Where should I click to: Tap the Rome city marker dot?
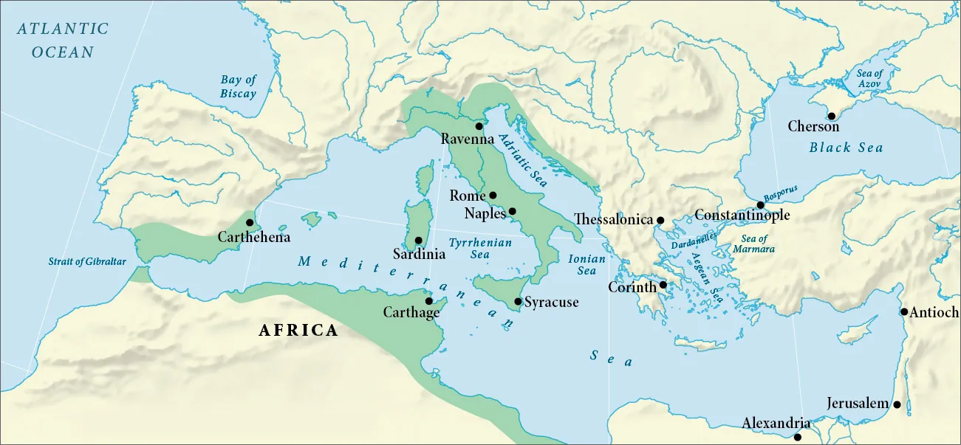(x=493, y=196)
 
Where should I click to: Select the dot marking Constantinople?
(x=760, y=205)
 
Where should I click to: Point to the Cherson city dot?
(x=832, y=116)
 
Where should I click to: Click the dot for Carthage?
(x=429, y=301)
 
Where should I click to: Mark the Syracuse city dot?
(x=519, y=301)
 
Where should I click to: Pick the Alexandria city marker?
(x=798, y=437)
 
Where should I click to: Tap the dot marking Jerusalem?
(x=897, y=404)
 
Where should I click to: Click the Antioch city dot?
(x=904, y=311)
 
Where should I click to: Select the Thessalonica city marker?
(x=660, y=220)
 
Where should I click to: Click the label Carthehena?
(x=254, y=238)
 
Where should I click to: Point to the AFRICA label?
(x=298, y=331)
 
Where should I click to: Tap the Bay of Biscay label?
(x=238, y=87)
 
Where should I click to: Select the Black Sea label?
(x=847, y=148)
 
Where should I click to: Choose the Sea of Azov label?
(x=869, y=79)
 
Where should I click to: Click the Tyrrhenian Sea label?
(x=480, y=248)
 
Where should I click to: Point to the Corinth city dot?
(x=663, y=285)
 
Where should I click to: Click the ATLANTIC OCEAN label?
(x=63, y=40)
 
